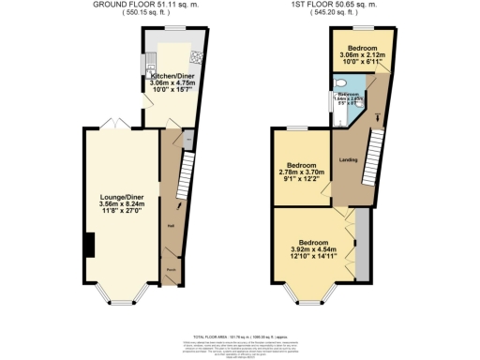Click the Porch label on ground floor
click(172, 269)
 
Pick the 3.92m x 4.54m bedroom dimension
click(314, 250)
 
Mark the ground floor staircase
click(185, 172)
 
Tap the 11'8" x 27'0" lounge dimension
click(121, 213)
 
